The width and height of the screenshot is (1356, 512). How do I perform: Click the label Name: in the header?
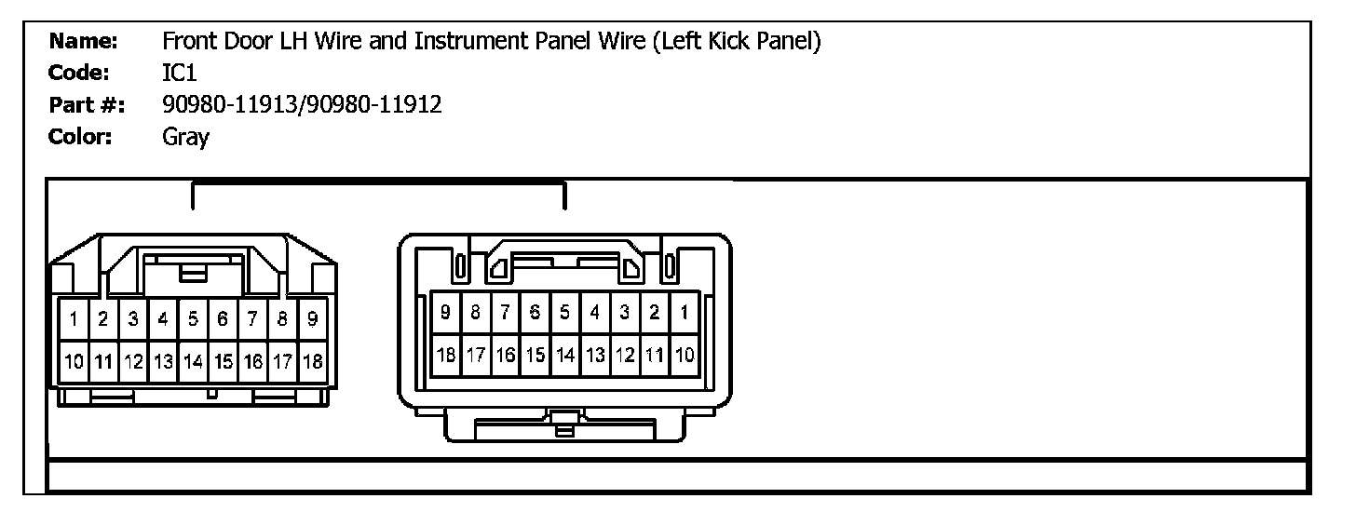(83, 41)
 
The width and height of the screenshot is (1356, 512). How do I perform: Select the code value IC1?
(179, 73)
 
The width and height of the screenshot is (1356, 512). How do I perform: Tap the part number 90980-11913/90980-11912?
(302, 105)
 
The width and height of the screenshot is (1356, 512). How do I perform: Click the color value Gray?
(185, 138)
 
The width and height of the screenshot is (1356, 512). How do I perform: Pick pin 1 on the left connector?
(74, 319)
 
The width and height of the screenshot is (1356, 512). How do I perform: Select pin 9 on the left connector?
(312, 319)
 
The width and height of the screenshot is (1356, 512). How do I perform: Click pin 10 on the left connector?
(74, 361)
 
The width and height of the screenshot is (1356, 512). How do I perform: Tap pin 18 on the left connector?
(312, 361)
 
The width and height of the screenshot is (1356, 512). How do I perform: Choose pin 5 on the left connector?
(193, 319)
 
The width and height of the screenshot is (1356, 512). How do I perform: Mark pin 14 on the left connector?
(193, 361)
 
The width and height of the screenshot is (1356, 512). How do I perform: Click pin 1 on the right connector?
(684, 313)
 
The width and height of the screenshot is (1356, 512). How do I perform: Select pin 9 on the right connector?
(445, 313)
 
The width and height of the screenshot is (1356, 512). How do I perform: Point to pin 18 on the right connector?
(445, 355)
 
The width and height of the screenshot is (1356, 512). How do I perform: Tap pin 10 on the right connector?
(684, 355)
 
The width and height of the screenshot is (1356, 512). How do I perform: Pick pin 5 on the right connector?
(564, 313)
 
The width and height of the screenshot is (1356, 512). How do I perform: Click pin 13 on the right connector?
(594, 355)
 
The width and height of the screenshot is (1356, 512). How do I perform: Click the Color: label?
(80, 138)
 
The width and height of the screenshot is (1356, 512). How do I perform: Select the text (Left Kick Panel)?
(739, 41)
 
